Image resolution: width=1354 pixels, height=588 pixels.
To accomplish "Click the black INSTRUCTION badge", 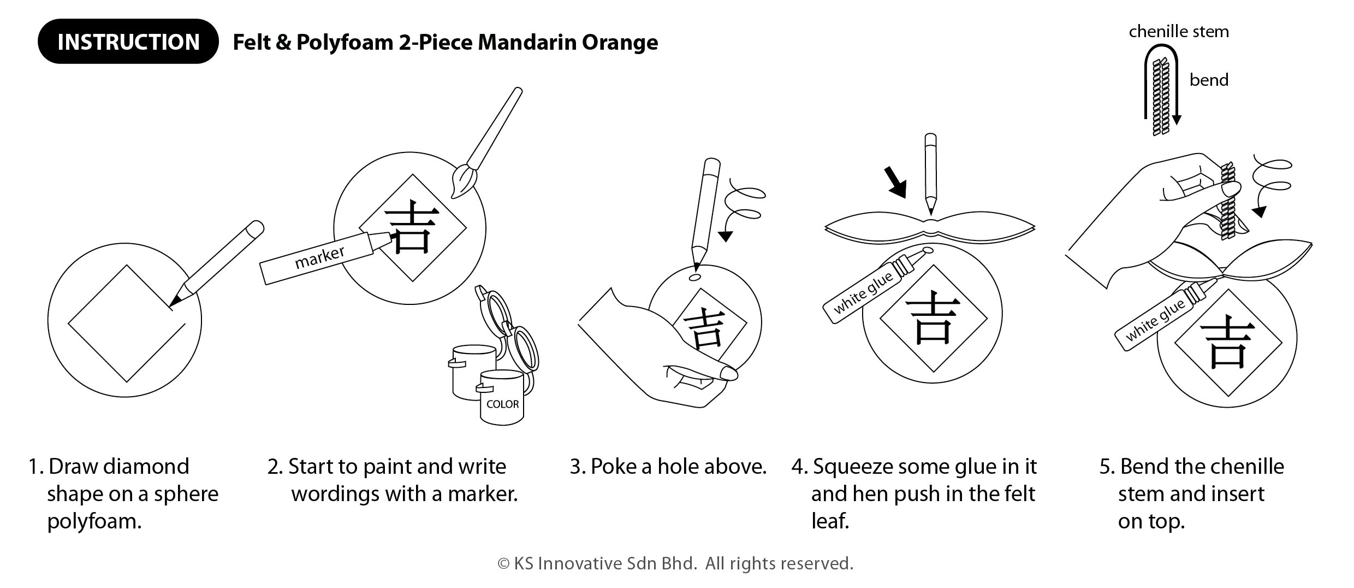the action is point(128,42).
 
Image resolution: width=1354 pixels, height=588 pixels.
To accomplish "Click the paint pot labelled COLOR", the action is point(502,397).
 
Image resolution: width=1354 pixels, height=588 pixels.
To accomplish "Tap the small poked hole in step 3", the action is point(695,278).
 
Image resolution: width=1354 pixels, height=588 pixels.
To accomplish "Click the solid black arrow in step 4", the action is point(896,183).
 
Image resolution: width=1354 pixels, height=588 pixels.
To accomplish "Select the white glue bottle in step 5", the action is point(1165,315).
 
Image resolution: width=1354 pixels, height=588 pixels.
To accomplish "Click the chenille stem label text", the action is point(1179,32).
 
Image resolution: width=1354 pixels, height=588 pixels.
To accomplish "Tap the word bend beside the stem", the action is point(1209,80).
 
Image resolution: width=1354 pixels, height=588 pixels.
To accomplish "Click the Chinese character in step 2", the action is point(412,226).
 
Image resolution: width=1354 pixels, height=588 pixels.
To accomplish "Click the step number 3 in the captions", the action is point(577,467).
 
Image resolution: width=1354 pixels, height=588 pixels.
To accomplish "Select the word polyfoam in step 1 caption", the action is point(94,521).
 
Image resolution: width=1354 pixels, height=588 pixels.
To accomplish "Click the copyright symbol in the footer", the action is point(503,564).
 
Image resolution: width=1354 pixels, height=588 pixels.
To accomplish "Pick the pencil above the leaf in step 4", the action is point(930,174).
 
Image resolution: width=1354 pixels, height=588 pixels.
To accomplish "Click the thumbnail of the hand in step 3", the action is point(729,374).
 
